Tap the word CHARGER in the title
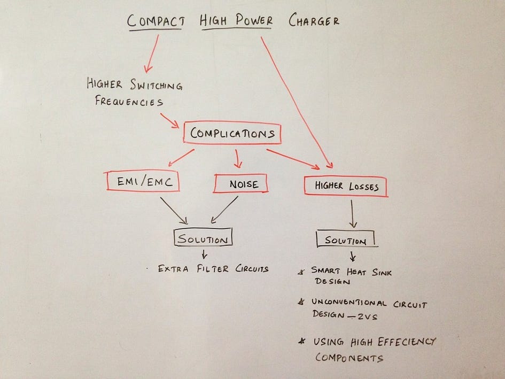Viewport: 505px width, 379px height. [x=314, y=21]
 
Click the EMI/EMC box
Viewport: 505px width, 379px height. [x=142, y=182]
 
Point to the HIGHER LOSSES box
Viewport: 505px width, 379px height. [x=345, y=187]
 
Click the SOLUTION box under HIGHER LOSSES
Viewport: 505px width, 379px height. [x=347, y=240]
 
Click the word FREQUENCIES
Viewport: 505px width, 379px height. [x=128, y=101]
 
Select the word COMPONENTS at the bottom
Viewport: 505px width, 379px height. [x=349, y=358]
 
